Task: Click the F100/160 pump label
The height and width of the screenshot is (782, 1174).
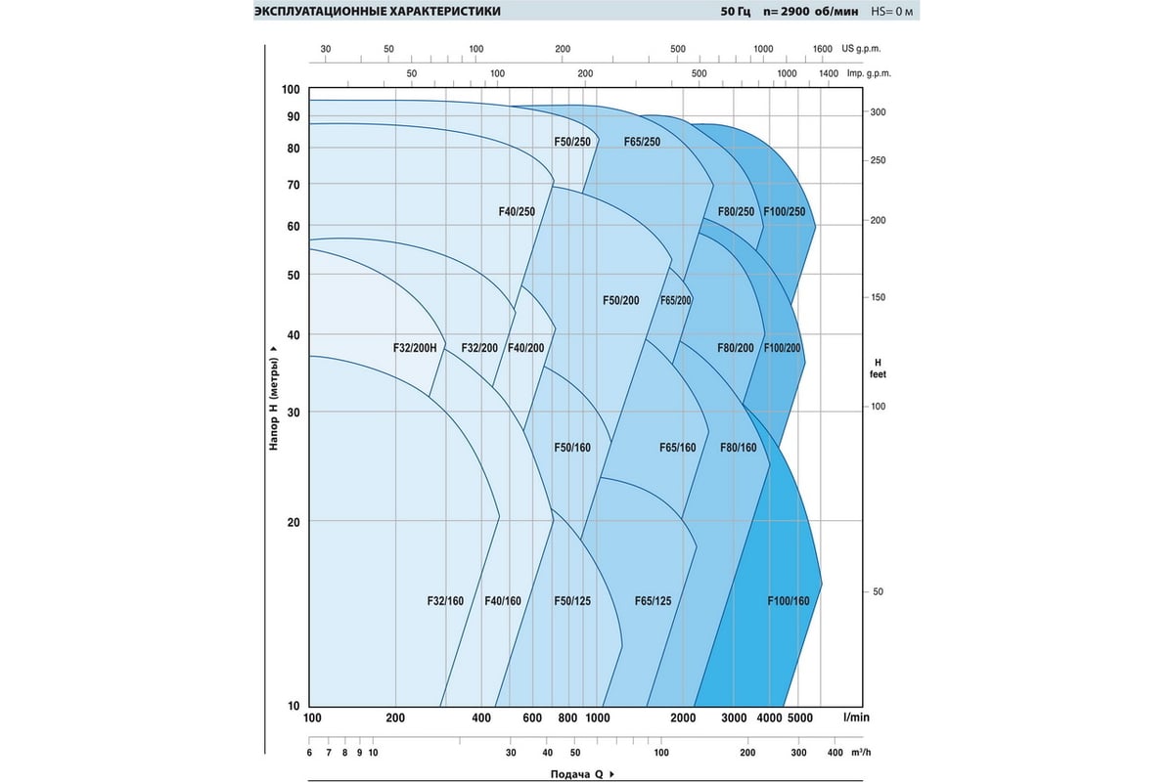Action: click(789, 600)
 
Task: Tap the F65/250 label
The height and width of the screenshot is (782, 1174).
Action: click(642, 142)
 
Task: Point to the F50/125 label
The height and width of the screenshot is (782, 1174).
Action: click(572, 600)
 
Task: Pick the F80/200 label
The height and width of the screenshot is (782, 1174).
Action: click(736, 348)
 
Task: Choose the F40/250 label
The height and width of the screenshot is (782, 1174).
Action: click(516, 211)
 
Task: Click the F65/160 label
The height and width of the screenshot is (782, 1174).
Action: click(678, 447)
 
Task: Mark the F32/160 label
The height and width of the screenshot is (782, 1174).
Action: click(445, 600)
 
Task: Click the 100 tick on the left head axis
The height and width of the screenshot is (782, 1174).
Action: click(291, 90)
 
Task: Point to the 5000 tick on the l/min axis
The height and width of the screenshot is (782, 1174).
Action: click(799, 718)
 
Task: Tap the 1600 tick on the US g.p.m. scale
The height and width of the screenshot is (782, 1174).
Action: click(822, 49)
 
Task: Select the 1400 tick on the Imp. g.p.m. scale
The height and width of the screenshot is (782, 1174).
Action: click(828, 73)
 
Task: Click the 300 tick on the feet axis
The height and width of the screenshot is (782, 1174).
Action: click(878, 113)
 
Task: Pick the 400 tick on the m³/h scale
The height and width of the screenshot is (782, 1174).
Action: click(835, 753)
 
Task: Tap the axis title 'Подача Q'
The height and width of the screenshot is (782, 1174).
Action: click(581, 774)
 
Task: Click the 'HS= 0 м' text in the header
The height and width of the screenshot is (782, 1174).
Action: click(892, 12)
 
